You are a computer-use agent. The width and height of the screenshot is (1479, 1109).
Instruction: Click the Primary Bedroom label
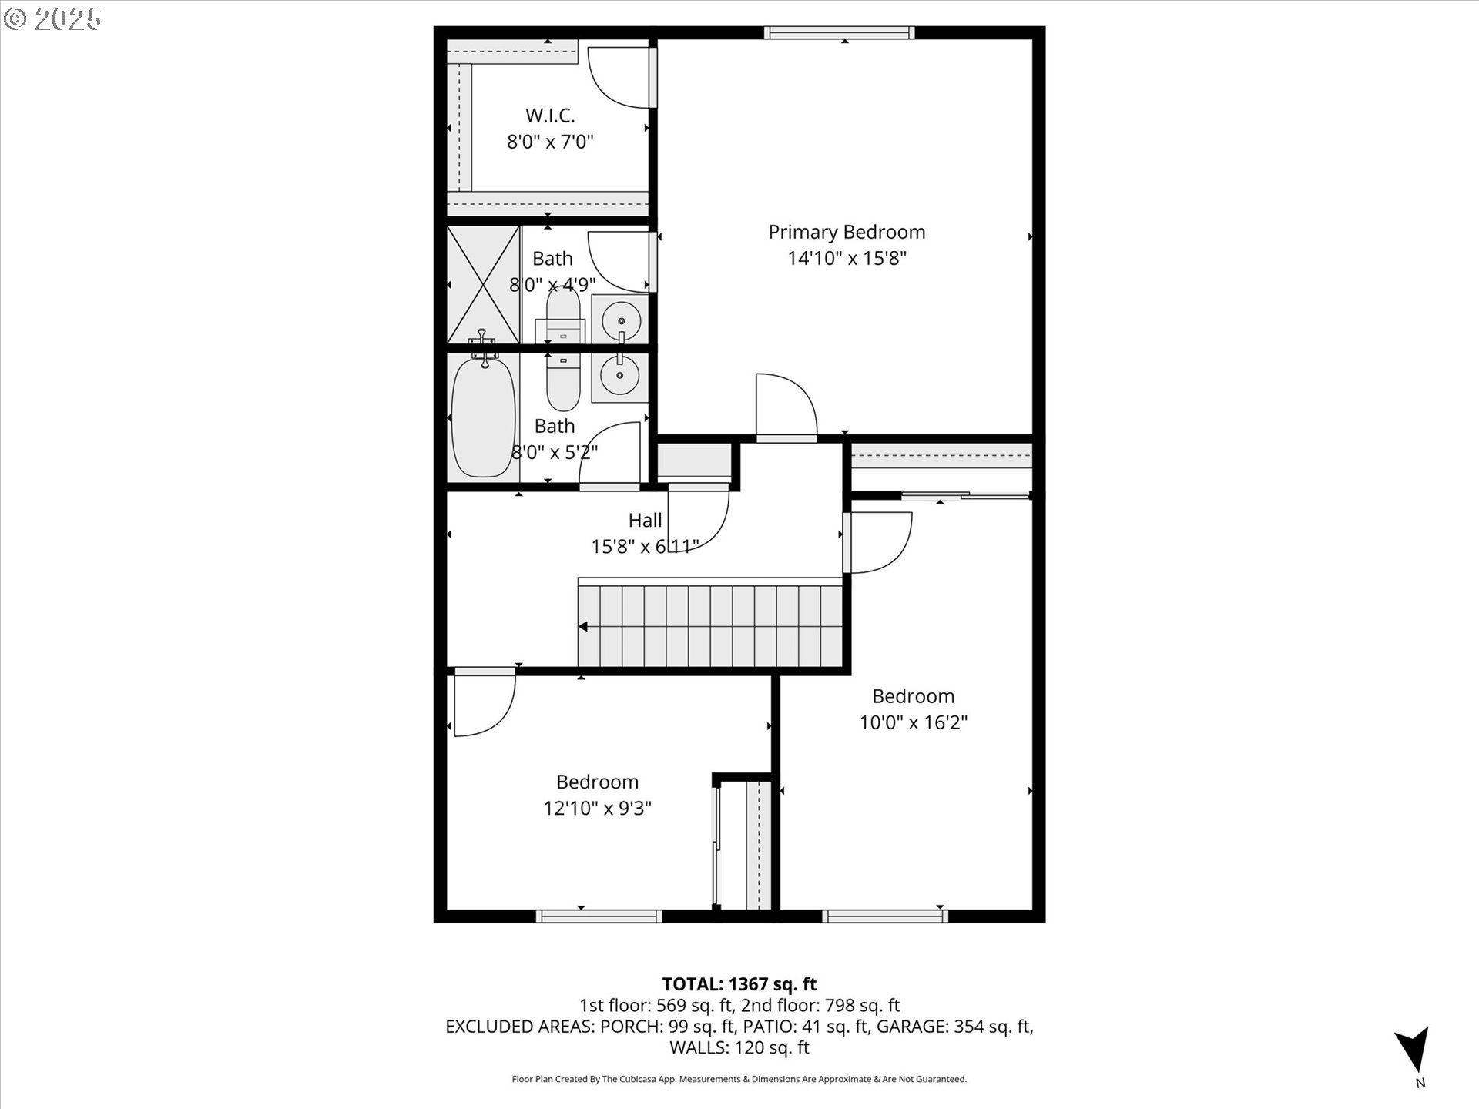point(847,232)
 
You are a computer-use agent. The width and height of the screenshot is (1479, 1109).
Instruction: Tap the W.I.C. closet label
point(550,116)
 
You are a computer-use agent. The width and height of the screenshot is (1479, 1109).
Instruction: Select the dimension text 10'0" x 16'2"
point(914,722)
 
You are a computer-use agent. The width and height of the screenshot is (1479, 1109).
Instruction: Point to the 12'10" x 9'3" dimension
point(598,808)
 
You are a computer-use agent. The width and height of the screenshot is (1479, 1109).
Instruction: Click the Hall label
point(645,520)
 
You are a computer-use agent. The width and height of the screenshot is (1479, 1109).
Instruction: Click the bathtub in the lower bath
point(483,416)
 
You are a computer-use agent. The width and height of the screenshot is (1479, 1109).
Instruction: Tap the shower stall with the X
point(484,284)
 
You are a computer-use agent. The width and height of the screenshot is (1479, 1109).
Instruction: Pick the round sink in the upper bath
point(620,317)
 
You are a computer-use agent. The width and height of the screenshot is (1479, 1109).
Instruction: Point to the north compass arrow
point(1414,1049)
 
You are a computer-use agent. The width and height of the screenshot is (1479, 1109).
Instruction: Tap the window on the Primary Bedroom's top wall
point(840,32)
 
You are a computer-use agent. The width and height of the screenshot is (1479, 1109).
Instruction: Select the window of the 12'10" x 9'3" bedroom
point(599,916)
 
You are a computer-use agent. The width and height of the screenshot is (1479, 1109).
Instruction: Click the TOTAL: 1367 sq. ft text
point(739,984)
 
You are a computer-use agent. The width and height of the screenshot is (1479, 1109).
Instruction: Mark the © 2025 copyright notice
point(52,19)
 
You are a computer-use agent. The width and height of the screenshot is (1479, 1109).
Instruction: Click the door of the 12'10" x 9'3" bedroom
point(484,702)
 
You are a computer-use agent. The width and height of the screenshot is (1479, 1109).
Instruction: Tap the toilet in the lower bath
point(562,384)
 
